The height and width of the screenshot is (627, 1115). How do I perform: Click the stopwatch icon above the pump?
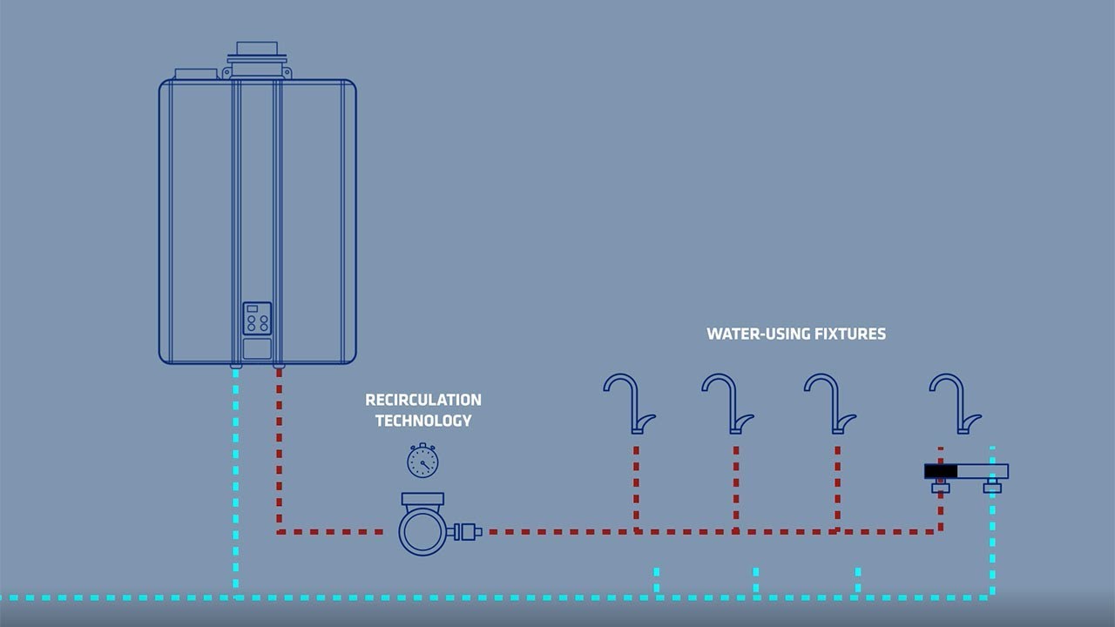click(422, 461)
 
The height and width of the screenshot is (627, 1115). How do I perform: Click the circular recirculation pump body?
click(422, 530)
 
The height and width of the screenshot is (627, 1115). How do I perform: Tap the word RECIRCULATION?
click(422, 400)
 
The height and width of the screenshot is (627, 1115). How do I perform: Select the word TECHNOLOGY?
click(422, 420)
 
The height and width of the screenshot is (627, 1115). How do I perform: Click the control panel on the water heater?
click(257, 320)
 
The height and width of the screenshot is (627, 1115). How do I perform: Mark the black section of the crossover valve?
click(940, 471)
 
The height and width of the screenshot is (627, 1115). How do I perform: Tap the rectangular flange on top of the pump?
click(422, 499)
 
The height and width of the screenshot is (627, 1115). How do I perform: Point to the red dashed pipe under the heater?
click(279, 444)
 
